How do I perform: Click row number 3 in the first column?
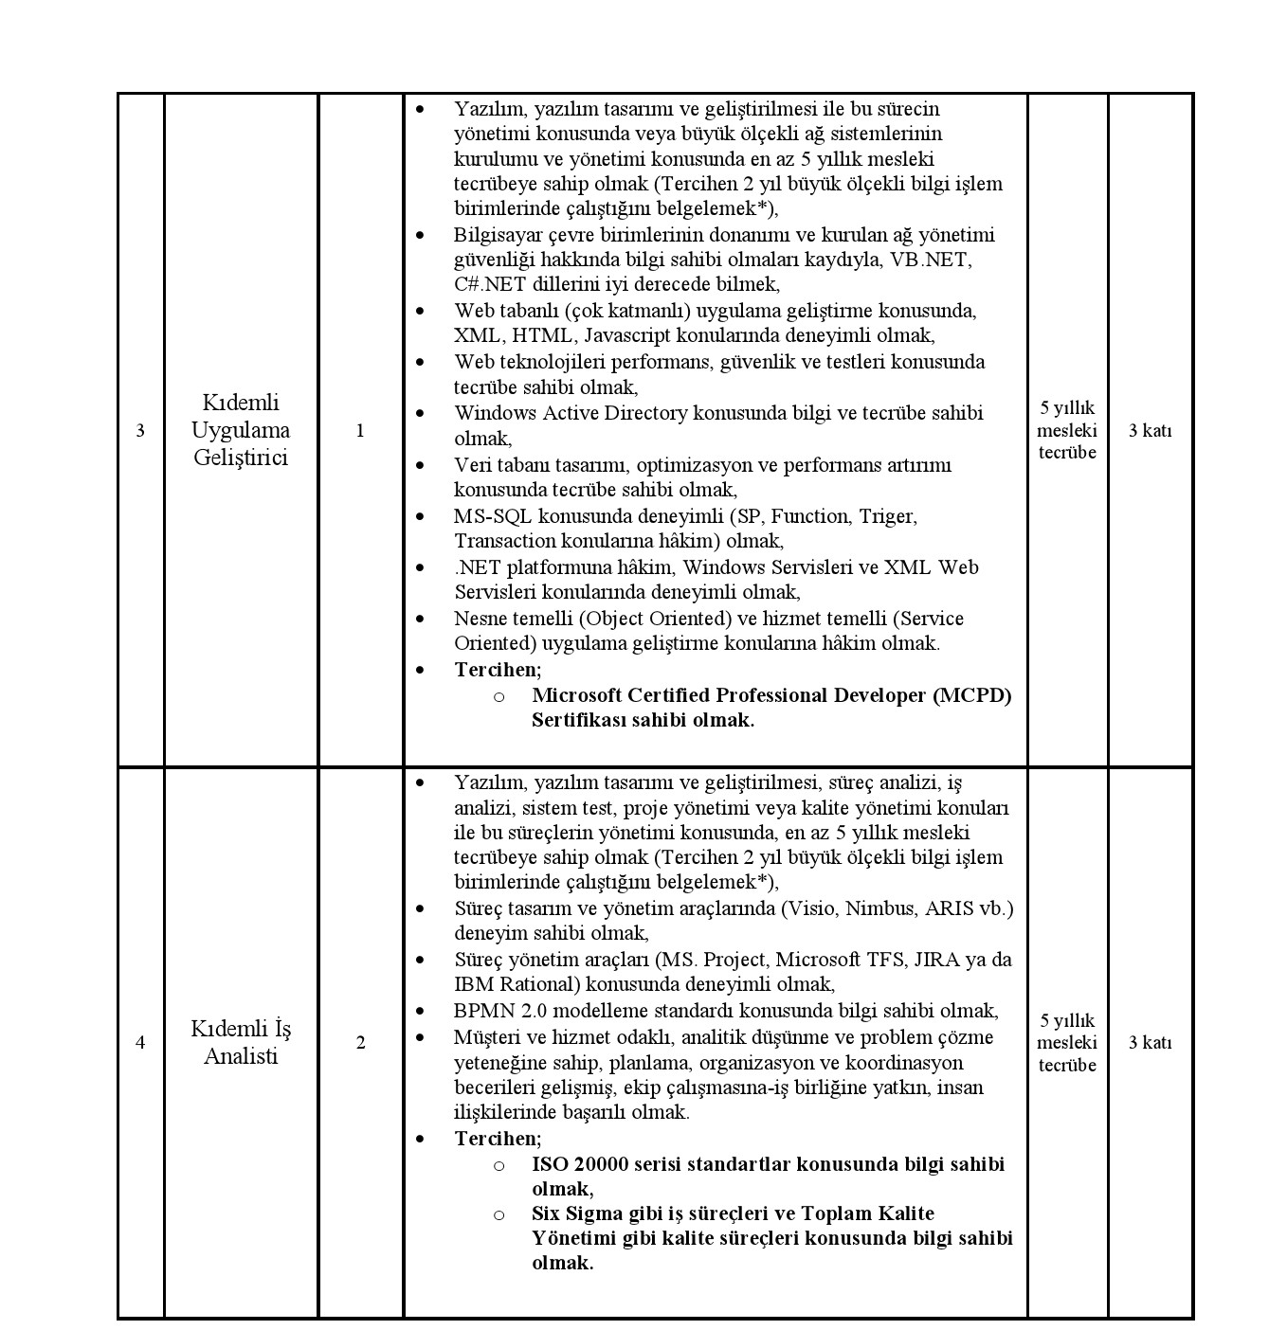tap(140, 431)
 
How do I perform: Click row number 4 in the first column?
tap(140, 1043)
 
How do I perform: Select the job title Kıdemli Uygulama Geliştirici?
tap(241, 430)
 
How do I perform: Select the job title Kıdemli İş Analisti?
tap(241, 1042)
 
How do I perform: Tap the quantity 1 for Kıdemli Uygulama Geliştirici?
tap(360, 431)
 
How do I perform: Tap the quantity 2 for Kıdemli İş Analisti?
tap(360, 1043)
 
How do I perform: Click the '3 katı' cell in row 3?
tap(1150, 431)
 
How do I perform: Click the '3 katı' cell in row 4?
tap(1150, 1043)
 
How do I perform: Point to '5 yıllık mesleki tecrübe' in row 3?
tap(1067, 430)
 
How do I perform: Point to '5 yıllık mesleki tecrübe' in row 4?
tap(1067, 1043)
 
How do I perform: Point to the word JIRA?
tap(936, 960)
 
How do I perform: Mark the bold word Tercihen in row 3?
tap(497, 670)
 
